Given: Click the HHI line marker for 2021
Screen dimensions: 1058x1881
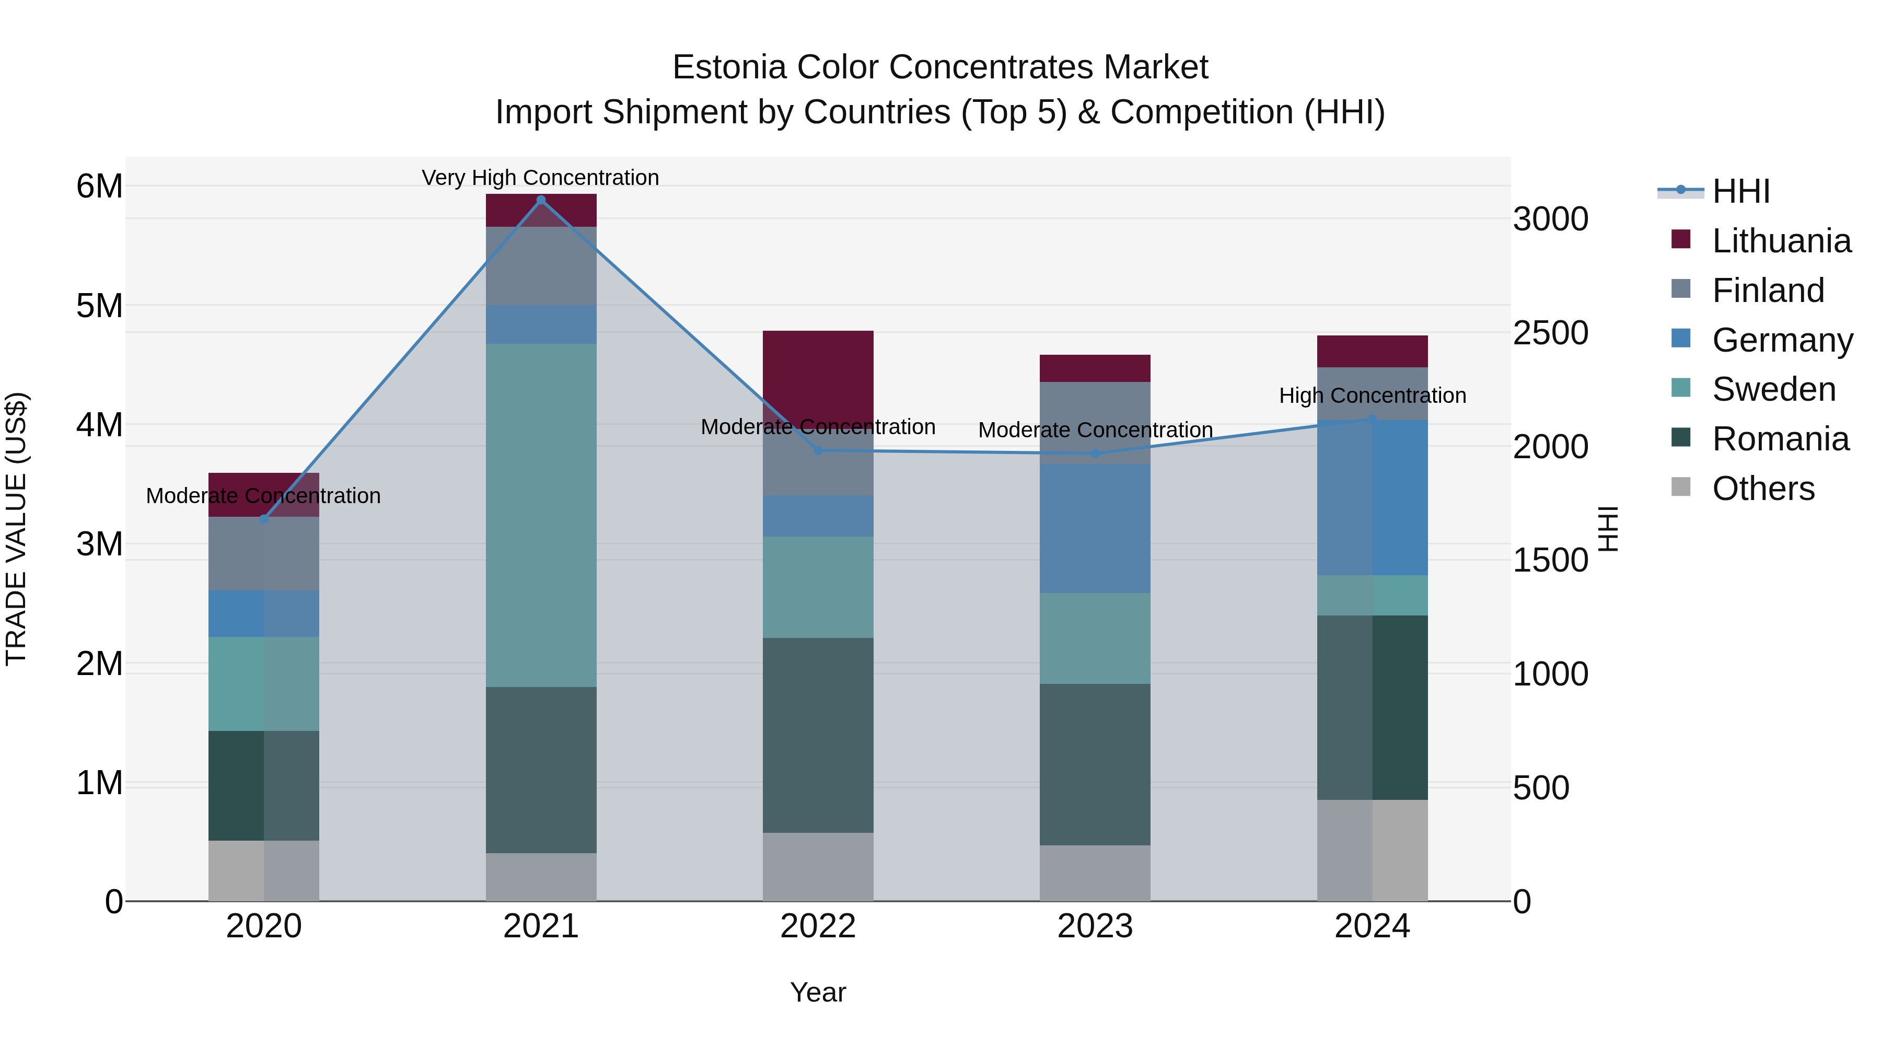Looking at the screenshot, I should click(x=540, y=200).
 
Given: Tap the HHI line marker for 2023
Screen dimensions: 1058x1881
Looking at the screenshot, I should click(x=1095, y=454).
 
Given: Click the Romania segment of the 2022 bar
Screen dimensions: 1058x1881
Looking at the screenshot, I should click(x=818, y=735).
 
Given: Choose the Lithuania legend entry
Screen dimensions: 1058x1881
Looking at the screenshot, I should click(x=1781, y=241).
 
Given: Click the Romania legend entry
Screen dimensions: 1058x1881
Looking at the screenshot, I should click(x=1780, y=439).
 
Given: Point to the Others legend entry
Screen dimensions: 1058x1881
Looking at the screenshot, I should click(x=1763, y=489).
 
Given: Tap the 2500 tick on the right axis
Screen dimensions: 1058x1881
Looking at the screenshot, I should click(x=1550, y=333).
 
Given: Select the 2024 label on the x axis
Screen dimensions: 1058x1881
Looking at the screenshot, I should click(x=1372, y=926).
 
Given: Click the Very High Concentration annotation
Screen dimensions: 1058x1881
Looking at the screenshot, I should click(x=540, y=178).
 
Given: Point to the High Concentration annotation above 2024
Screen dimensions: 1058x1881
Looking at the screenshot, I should click(x=1372, y=395).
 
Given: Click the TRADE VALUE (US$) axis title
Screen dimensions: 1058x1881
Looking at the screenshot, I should click(x=16, y=529).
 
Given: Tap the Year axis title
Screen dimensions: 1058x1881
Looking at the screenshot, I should click(x=818, y=992).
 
